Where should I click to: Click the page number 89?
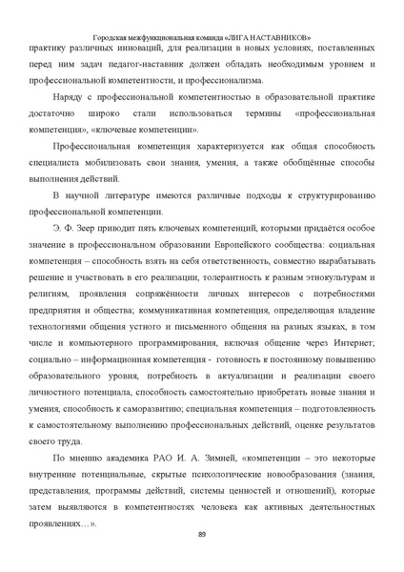pos(202,533)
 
